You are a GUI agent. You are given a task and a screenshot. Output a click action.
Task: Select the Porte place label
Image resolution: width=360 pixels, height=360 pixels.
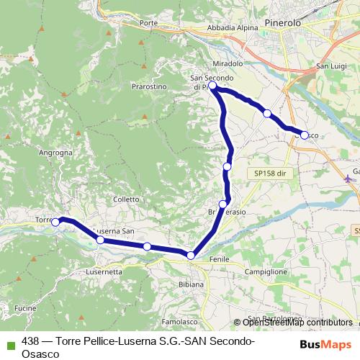150,23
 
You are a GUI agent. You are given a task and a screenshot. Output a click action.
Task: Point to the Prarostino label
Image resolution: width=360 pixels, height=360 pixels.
149,86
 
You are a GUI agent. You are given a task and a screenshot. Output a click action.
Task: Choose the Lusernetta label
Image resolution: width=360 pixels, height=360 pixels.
103,272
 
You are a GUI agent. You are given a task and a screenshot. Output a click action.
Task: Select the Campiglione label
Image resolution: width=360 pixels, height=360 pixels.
266,272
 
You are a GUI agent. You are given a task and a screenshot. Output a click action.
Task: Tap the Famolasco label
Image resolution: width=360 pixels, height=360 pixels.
179,322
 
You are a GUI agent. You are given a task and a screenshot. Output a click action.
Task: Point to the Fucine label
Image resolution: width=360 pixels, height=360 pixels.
24,307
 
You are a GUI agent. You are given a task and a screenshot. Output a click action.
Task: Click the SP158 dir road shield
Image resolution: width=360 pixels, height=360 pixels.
270,174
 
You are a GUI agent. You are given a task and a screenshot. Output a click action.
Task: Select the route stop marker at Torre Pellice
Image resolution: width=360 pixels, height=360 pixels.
55,222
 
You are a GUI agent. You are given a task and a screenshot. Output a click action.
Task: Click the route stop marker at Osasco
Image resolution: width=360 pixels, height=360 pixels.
305,135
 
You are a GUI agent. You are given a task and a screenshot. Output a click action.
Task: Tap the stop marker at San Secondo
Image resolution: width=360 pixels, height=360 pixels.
212,86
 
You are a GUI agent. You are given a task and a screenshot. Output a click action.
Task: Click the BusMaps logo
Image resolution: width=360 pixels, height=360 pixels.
326,344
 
